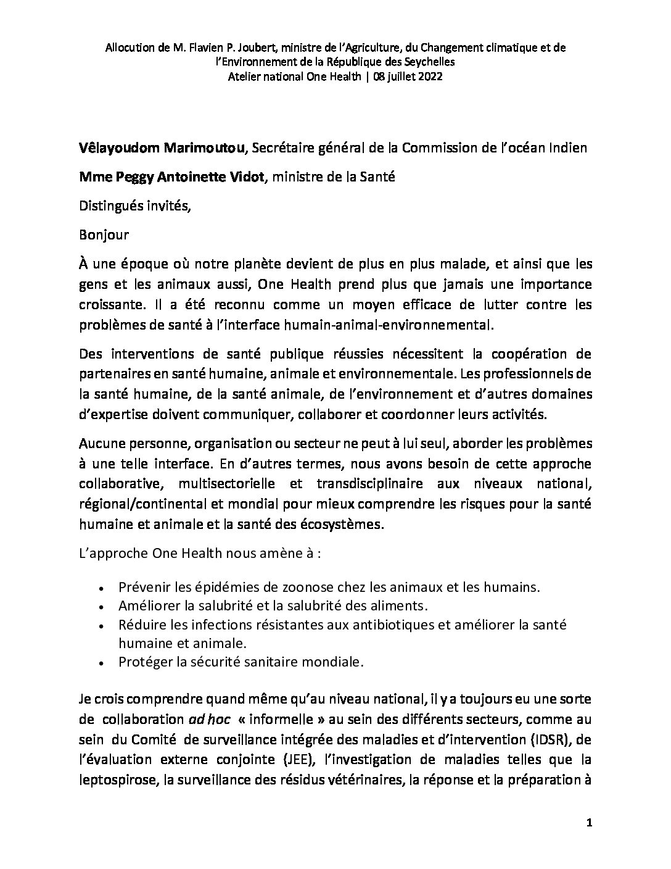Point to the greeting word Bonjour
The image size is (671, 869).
click(x=104, y=235)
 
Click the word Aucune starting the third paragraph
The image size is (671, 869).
click(x=100, y=444)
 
